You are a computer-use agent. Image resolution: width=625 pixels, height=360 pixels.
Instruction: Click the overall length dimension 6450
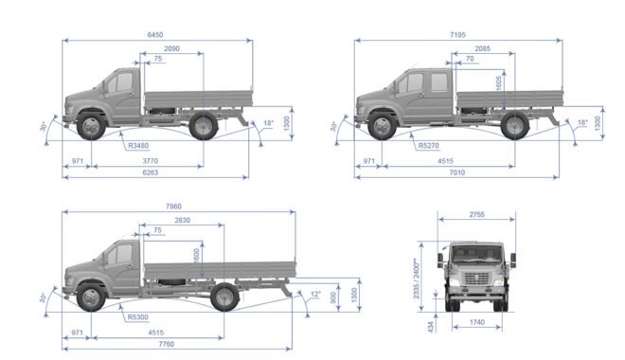[155, 35]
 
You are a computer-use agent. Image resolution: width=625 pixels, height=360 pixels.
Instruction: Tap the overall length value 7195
[457, 35]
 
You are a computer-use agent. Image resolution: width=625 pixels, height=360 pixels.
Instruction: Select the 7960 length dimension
[173, 207]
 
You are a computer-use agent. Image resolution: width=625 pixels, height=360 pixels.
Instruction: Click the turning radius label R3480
[138, 146]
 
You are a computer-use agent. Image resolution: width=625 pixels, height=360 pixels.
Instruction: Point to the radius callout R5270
[428, 146]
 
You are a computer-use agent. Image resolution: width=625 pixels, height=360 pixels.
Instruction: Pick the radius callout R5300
[138, 317]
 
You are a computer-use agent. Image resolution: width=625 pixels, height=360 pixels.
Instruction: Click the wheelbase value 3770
[151, 161]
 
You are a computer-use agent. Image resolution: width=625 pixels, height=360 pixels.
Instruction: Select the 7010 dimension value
[456, 172]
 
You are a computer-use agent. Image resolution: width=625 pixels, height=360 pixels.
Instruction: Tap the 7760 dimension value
[167, 344]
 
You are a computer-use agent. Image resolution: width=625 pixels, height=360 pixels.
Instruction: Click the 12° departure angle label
[315, 295]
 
